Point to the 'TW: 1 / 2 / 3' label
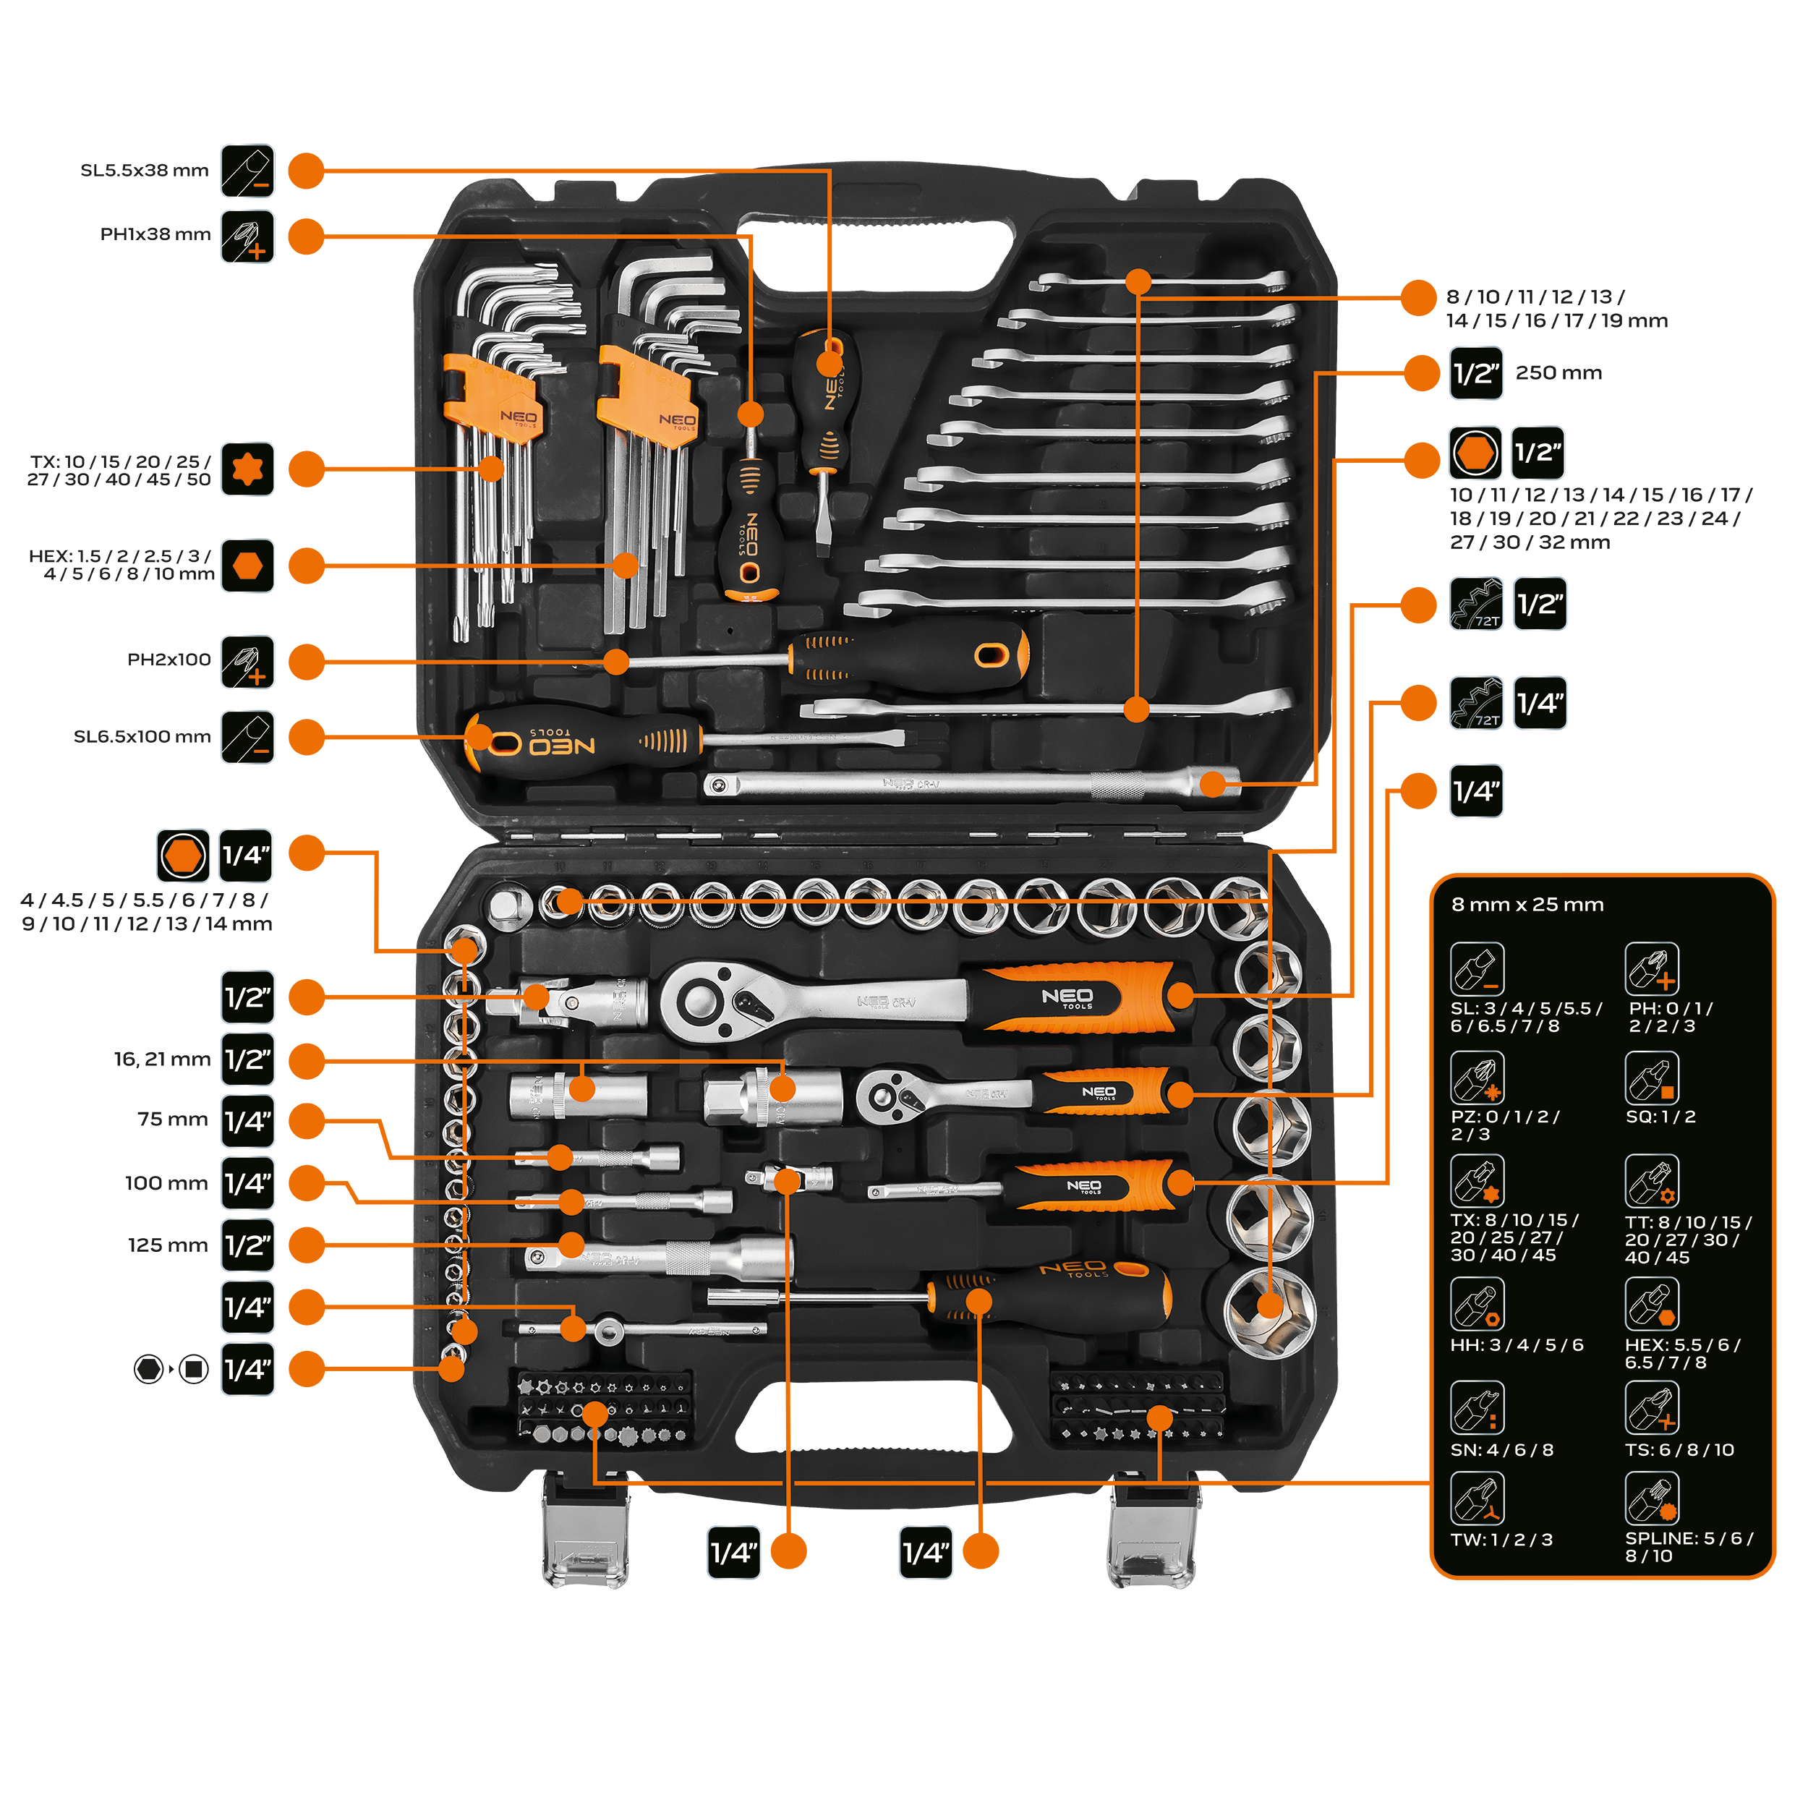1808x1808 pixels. [1501, 1540]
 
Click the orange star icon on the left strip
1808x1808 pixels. [247, 469]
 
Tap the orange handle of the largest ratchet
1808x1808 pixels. [1076, 997]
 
